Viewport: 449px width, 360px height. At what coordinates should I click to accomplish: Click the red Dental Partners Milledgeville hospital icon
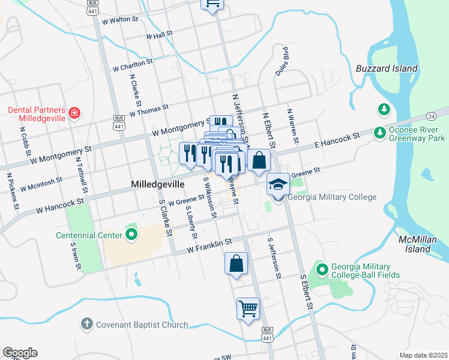point(74,112)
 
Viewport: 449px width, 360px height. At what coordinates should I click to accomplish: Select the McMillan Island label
point(417,244)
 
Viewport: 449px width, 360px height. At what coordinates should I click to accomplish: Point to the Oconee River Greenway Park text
point(417,133)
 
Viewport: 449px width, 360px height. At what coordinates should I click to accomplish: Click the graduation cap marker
point(278,184)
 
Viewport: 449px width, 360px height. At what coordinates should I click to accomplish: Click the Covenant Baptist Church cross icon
point(86,324)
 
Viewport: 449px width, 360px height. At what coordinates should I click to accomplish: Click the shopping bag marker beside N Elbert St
point(259,160)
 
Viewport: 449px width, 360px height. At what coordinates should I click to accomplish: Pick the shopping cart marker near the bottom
point(248,308)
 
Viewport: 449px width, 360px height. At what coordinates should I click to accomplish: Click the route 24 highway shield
point(431,116)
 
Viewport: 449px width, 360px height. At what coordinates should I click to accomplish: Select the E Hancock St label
point(337,140)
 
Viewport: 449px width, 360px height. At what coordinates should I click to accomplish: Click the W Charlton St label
point(132,64)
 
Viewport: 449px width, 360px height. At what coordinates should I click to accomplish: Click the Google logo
point(20,353)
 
